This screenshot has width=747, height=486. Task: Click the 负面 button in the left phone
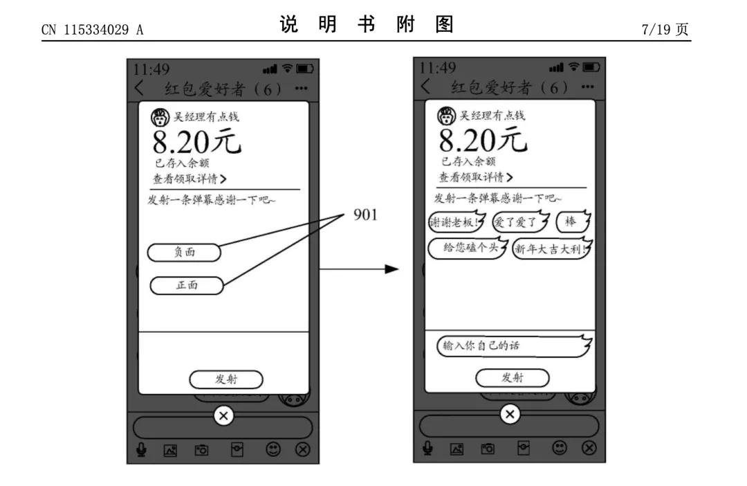pos(184,253)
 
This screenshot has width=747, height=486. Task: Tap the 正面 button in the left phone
pos(187,285)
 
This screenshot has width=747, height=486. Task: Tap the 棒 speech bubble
pos(572,223)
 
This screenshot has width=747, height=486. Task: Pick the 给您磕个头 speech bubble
pos(468,248)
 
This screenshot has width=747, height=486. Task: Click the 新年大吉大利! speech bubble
pos(551,248)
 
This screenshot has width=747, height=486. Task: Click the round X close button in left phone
pos(223,415)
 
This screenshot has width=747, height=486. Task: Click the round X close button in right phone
pos(510,414)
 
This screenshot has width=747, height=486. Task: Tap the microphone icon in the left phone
pos(141,449)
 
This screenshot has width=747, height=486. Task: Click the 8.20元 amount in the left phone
pos(196,142)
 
